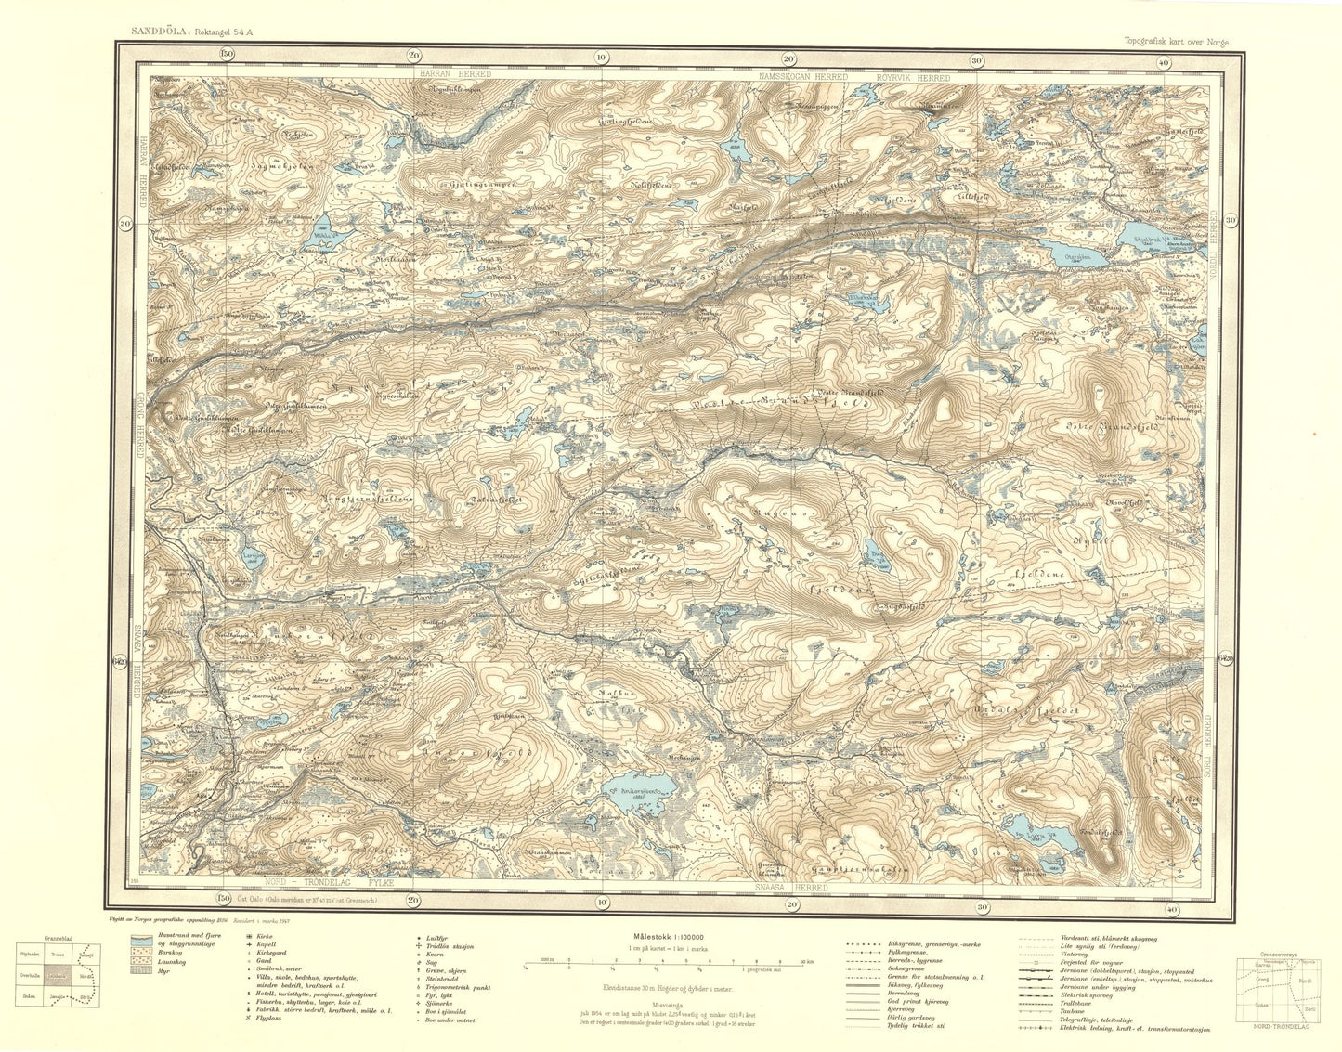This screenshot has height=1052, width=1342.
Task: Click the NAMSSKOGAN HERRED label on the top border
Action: (801, 78)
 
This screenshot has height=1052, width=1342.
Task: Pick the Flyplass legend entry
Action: (269, 1020)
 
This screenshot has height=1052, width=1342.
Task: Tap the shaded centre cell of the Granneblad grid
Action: (59, 976)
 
